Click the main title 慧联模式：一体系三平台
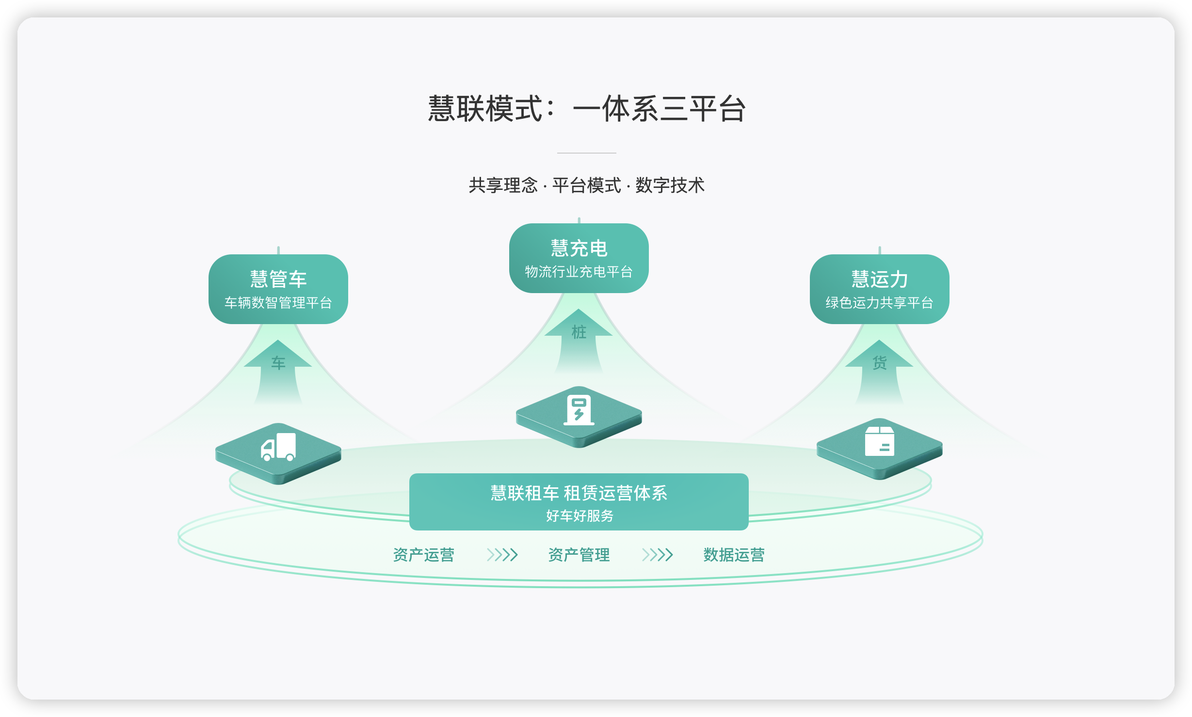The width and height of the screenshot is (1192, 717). (x=586, y=109)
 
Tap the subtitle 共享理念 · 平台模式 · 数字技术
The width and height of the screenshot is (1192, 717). (x=586, y=186)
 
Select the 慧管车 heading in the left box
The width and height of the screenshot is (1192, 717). (x=278, y=279)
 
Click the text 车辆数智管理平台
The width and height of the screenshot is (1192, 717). (x=278, y=303)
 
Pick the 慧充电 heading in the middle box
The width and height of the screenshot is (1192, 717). (x=579, y=248)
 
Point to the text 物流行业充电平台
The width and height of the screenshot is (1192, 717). (x=579, y=272)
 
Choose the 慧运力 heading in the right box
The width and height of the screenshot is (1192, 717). (x=880, y=279)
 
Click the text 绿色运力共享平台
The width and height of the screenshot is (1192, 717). (x=880, y=303)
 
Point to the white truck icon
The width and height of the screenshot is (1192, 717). (x=278, y=447)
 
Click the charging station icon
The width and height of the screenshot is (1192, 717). (x=579, y=410)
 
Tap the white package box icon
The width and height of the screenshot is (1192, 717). (x=880, y=441)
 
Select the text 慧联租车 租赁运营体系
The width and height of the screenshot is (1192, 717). (x=579, y=493)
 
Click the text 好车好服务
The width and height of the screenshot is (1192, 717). (x=580, y=515)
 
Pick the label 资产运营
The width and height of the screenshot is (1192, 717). (x=424, y=555)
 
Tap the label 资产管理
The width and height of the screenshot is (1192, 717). (x=579, y=555)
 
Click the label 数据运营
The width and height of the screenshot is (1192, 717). (x=734, y=555)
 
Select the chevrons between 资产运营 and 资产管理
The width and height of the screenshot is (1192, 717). (x=502, y=555)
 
